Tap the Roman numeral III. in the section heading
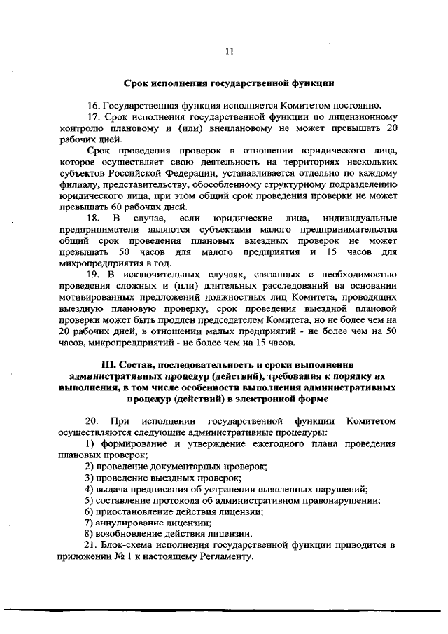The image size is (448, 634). [x=113, y=364]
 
